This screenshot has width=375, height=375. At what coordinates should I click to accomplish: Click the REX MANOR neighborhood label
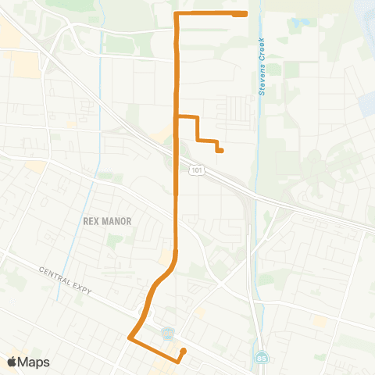[x=107, y=221]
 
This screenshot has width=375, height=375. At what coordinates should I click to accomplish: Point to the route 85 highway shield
[x=259, y=359]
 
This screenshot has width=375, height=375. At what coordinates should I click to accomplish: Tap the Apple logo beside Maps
[x=12, y=362]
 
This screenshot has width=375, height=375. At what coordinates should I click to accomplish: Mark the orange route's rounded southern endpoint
[x=183, y=351]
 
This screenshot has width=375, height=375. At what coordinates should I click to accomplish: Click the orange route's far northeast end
[x=245, y=14]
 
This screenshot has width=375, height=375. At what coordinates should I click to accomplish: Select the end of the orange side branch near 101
[x=221, y=150]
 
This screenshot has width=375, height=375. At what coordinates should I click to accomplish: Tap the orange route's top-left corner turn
[x=176, y=15]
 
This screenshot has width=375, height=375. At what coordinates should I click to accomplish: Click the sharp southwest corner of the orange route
[x=129, y=337]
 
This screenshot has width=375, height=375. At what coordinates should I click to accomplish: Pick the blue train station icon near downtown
[x=167, y=334]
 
